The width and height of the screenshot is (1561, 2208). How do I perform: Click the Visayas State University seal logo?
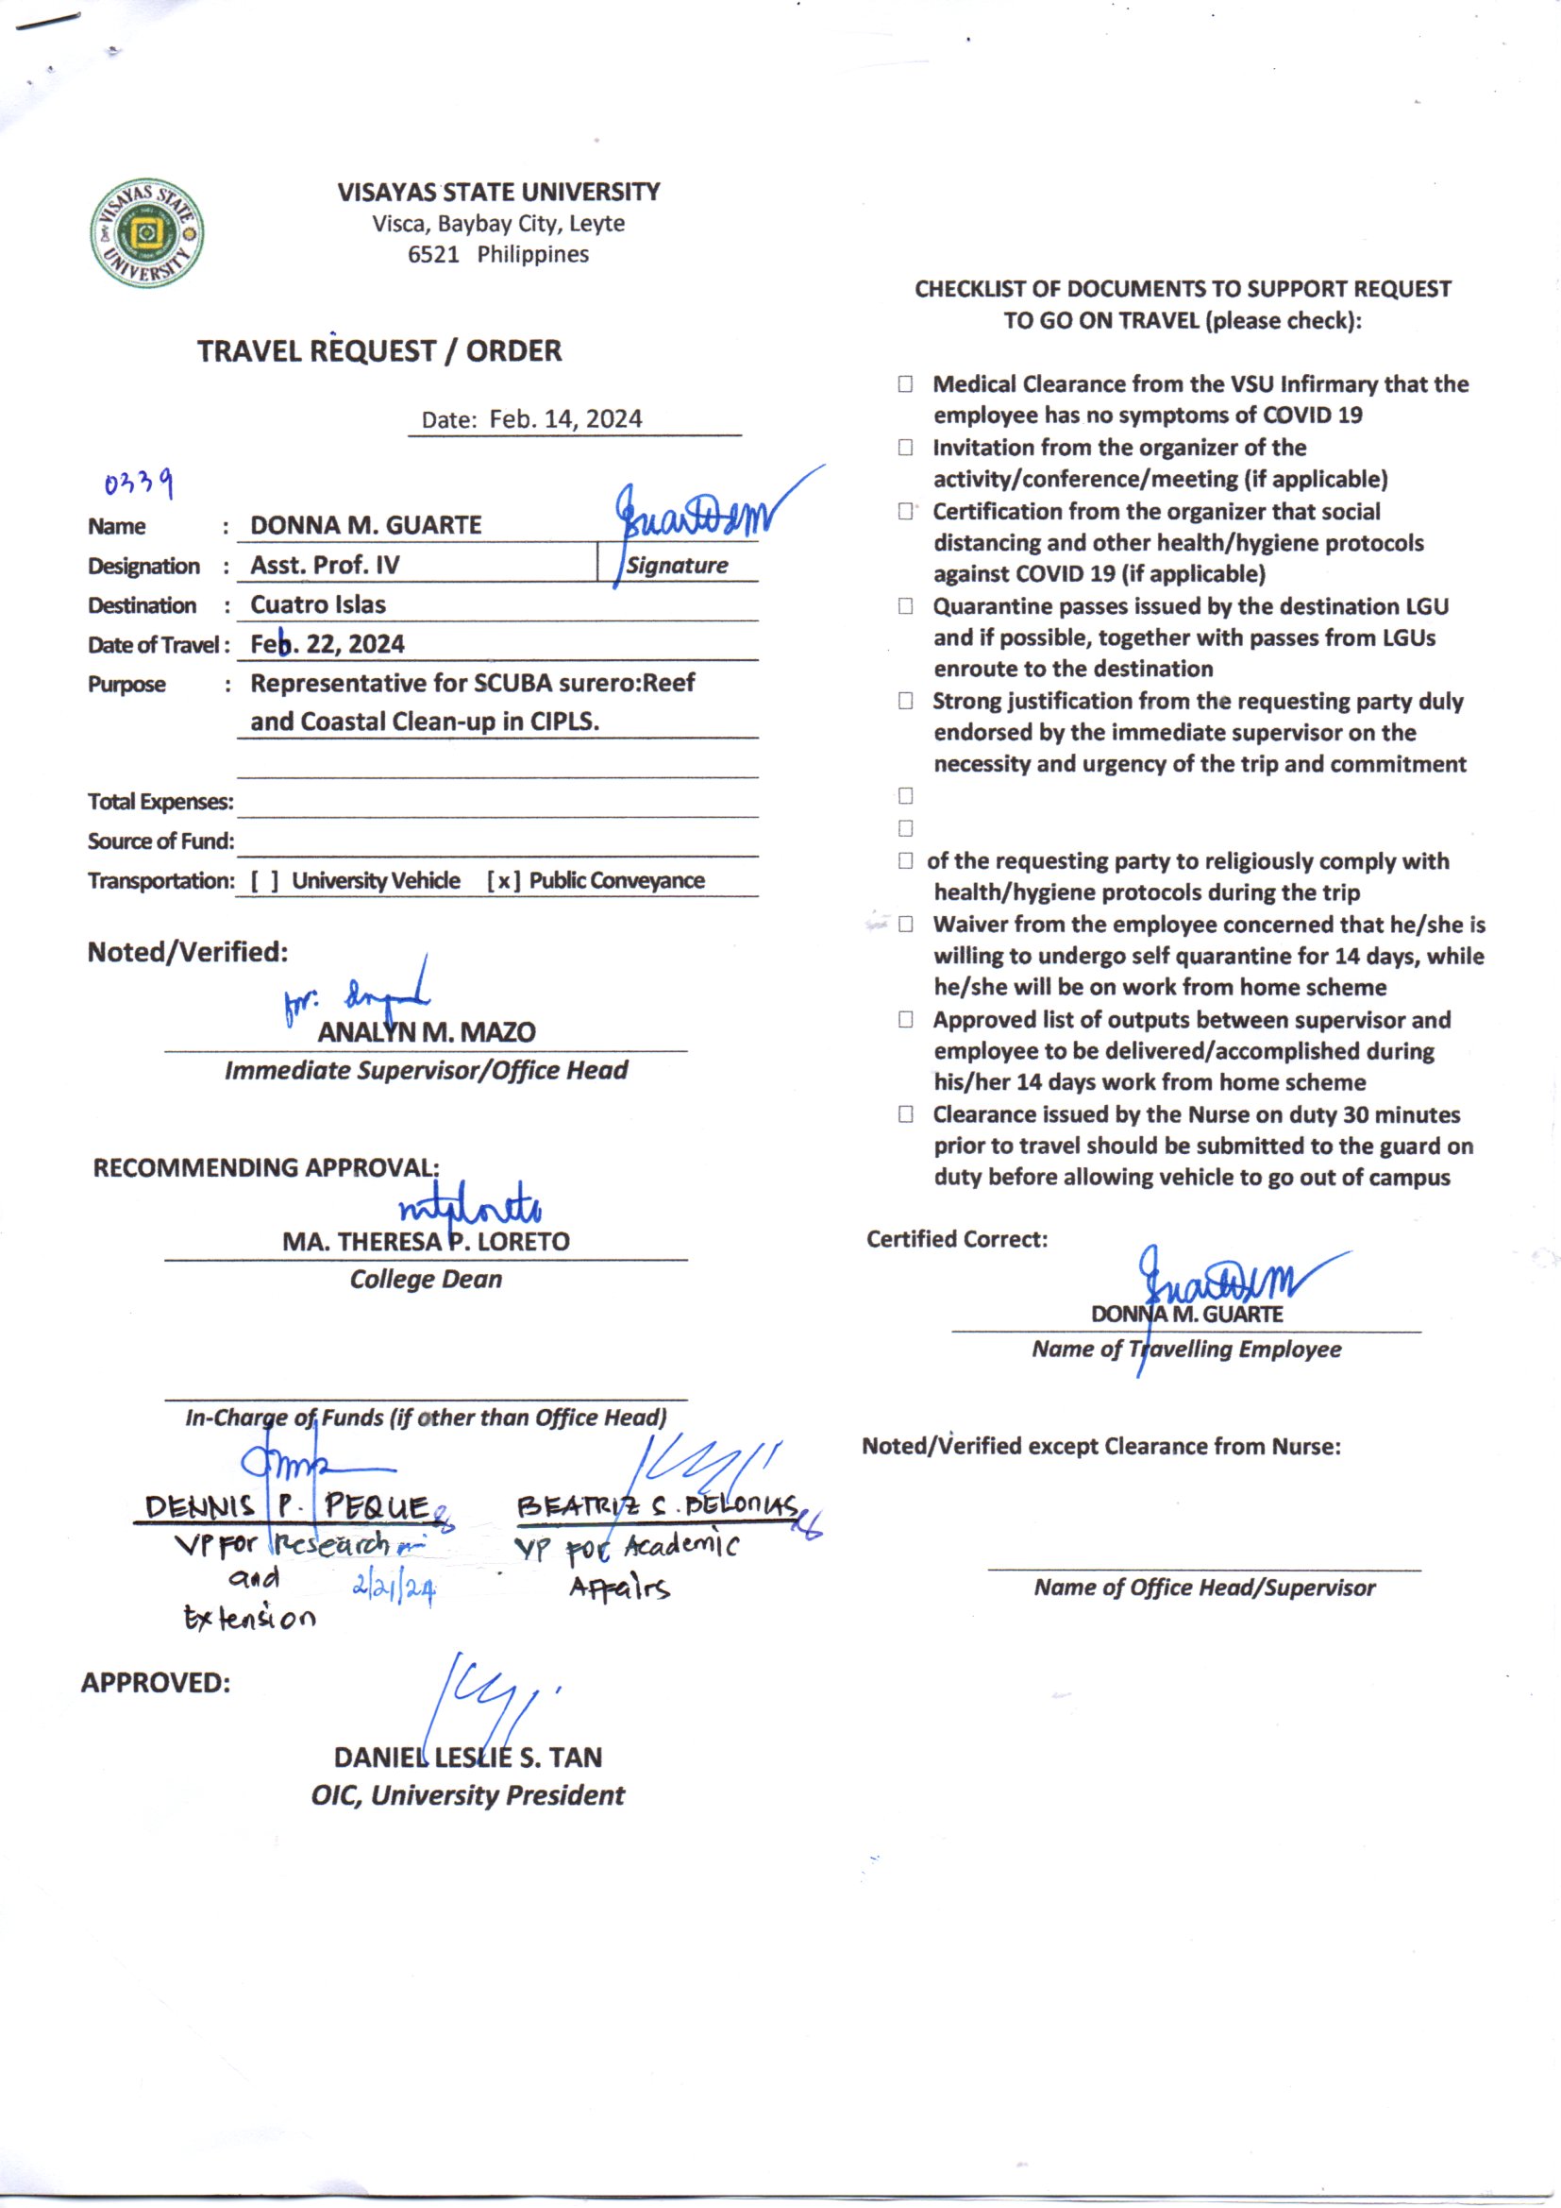click(147, 233)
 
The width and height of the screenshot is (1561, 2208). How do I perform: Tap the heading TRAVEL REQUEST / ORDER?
click(379, 351)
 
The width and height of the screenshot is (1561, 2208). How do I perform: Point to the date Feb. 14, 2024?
click(565, 419)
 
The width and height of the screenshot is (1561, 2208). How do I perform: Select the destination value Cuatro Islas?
click(318, 605)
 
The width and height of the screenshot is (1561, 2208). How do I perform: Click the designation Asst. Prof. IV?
click(325, 565)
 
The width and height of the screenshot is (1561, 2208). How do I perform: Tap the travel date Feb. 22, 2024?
click(327, 644)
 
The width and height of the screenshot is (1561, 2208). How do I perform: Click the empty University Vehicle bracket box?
click(265, 881)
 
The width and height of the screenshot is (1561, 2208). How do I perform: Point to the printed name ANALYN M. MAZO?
click(427, 1032)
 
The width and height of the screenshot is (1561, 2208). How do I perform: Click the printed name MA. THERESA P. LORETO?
click(426, 1242)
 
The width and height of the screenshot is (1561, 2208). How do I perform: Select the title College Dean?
click(426, 1279)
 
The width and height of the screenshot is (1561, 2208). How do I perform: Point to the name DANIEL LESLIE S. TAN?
click(468, 1757)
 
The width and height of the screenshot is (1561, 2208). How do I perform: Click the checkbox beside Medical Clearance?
click(905, 384)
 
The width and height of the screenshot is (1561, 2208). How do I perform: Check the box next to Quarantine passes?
click(905, 607)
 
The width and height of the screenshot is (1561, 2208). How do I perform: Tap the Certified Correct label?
click(956, 1239)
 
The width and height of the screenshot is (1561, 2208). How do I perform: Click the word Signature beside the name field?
click(677, 566)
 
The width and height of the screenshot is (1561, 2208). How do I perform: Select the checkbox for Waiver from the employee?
click(905, 926)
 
